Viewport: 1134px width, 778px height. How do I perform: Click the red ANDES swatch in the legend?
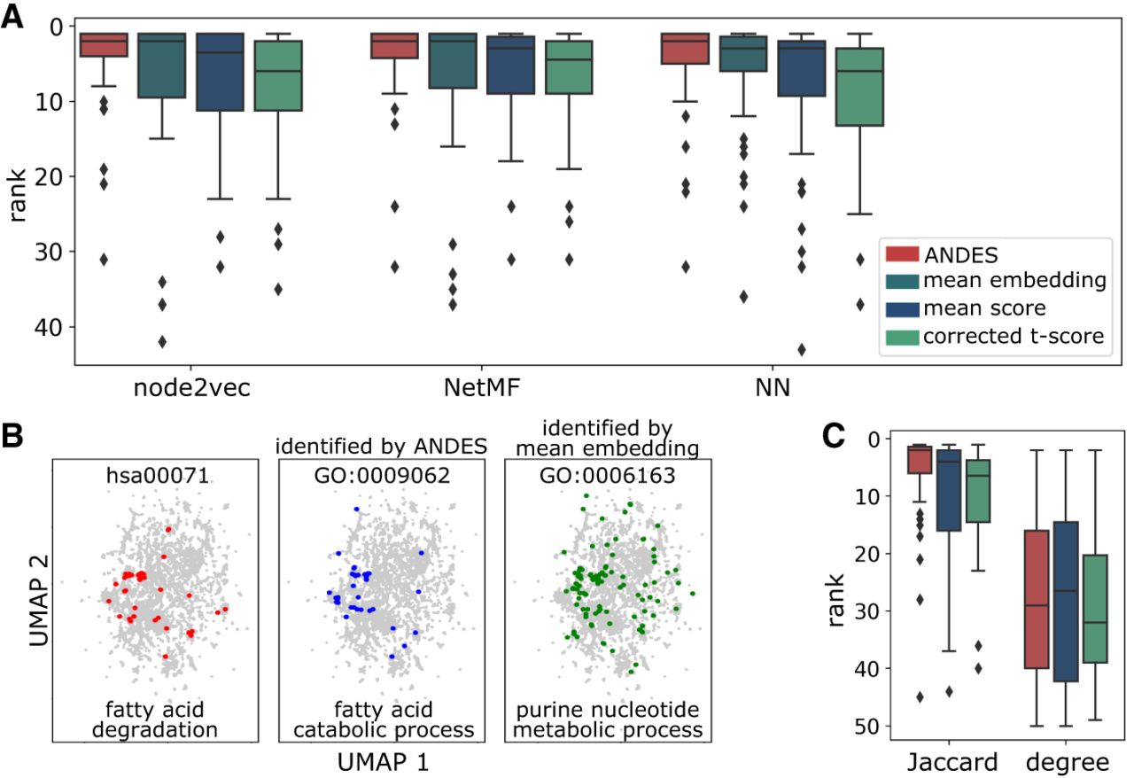tap(902, 253)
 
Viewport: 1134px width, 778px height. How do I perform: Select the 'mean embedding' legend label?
tap(1014, 280)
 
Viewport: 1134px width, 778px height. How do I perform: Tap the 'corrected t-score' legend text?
tap(1014, 337)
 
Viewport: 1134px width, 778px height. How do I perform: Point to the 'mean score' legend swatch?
tap(902, 309)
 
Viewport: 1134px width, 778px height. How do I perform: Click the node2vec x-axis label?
tap(192, 388)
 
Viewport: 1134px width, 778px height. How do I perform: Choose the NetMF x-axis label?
tap(482, 388)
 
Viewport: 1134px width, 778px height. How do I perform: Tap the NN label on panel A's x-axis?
tap(773, 388)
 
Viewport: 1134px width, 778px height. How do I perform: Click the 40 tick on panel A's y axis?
tap(48, 327)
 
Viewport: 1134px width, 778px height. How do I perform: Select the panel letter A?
tap(12, 18)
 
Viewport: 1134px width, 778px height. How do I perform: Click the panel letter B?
tap(12, 436)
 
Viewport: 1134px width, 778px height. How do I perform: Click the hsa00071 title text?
tap(158, 476)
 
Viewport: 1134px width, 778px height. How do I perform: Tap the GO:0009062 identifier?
tap(382, 476)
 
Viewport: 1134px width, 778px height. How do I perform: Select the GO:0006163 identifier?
tap(608, 476)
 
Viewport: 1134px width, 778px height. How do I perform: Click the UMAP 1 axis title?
tap(384, 762)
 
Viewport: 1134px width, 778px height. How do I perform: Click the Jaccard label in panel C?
tap(952, 762)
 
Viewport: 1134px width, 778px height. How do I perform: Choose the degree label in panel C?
tap(1068, 763)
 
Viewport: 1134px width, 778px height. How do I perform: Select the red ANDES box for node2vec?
tap(104, 44)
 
